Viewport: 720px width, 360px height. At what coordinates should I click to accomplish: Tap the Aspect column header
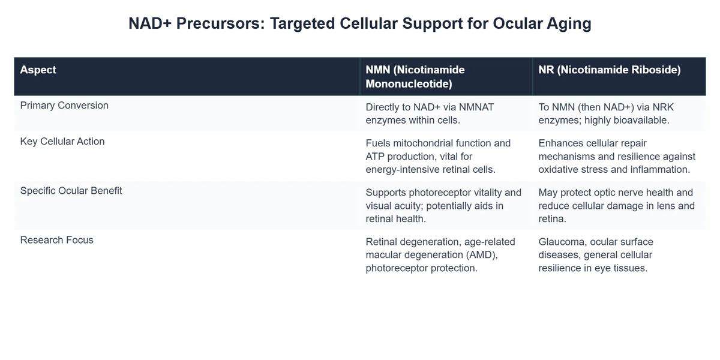pos(38,70)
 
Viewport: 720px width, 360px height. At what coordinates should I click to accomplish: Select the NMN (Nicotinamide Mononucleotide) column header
pos(415,77)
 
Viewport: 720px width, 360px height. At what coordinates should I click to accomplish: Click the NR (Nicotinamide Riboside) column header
pos(610,70)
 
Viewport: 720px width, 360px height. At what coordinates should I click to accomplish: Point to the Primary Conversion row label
pos(64,106)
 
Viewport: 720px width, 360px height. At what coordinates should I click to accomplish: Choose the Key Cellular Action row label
pos(62,142)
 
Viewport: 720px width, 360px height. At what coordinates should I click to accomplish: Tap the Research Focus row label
pos(57,240)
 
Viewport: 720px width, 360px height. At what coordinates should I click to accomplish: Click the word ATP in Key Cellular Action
pos(376,156)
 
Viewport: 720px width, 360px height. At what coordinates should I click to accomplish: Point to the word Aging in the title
pos(569,23)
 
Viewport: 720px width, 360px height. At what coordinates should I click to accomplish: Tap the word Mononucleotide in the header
pos(409,84)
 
